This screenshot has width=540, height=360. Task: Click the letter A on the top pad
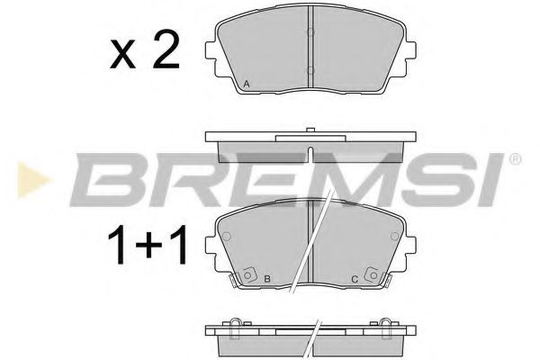coord(247,85)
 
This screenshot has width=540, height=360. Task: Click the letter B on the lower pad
coord(268,280)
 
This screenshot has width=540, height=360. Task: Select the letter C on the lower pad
coord(355,280)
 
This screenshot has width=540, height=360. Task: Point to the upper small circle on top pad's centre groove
coord(310,33)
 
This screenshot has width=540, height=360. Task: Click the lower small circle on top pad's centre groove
coord(310,71)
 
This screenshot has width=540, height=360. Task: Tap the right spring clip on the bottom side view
coord(389,325)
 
